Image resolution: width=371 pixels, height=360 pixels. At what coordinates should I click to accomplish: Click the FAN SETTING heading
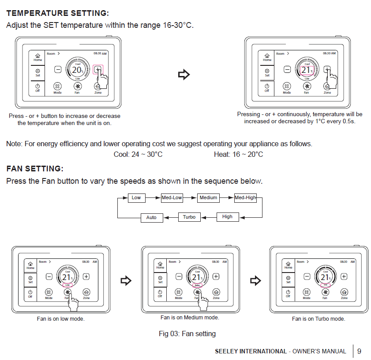click(35, 169)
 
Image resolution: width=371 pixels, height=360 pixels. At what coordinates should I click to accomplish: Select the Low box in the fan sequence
click(136, 197)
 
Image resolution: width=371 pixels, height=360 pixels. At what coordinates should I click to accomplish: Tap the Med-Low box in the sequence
click(172, 197)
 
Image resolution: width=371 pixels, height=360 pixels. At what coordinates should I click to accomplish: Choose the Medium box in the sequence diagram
click(208, 197)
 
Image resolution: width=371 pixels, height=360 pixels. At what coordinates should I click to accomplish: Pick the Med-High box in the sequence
click(245, 197)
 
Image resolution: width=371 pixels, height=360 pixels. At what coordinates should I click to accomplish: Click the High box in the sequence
click(227, 217)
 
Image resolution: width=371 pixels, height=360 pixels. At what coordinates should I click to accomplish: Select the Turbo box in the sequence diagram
click(189, 217)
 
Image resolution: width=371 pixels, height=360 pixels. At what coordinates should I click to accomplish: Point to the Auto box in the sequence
click(151, 217)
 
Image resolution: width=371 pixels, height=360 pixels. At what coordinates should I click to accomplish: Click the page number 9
click(359, 351)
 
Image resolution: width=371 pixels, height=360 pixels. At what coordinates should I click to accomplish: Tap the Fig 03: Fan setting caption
click(187, 333)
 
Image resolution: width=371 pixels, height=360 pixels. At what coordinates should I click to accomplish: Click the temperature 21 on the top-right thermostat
click(306, 70)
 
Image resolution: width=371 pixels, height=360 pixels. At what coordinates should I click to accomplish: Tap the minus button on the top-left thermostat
click(58, 69)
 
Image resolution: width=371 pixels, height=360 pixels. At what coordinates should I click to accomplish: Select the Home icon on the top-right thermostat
click(267, 57)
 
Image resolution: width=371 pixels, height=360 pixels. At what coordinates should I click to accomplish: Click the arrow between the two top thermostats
click(184, 75)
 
